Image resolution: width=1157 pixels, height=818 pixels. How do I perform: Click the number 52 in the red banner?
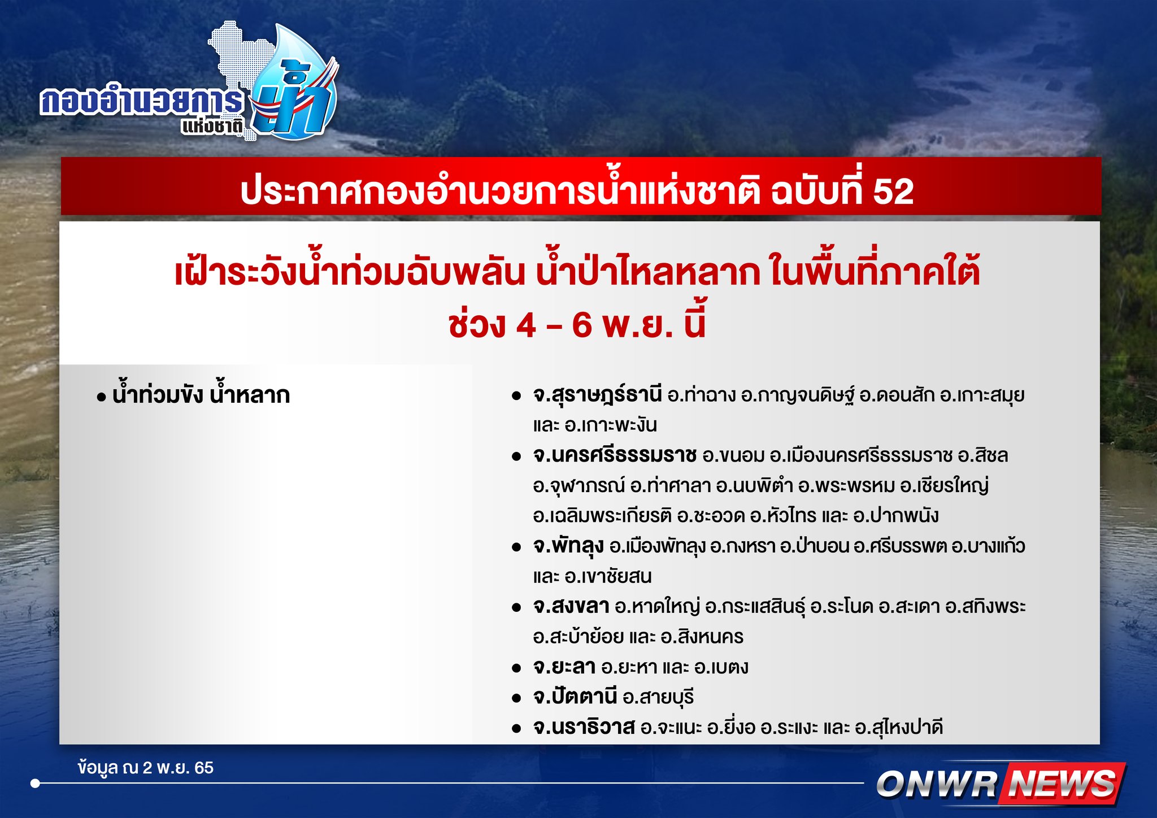[893, 192]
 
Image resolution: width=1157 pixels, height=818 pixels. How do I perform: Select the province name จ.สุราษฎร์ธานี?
[597, 395]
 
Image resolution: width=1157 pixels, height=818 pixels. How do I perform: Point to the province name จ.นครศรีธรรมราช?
[615, 455]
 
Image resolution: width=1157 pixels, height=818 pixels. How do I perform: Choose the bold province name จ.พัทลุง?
[568, 546]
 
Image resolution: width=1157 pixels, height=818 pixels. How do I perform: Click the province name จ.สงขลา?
[571, 607]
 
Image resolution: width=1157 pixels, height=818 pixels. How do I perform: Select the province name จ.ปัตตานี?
[575, 697]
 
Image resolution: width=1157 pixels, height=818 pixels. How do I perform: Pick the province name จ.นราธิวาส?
[584, 728]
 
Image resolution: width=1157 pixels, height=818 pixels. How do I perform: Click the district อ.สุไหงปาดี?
[899, 728]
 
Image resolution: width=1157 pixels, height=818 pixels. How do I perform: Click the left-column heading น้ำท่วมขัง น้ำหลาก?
[201, 395]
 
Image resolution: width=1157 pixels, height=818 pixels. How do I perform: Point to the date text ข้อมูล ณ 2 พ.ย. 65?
[146, 768]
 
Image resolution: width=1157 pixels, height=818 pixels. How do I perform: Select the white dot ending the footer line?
[36, 784]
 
